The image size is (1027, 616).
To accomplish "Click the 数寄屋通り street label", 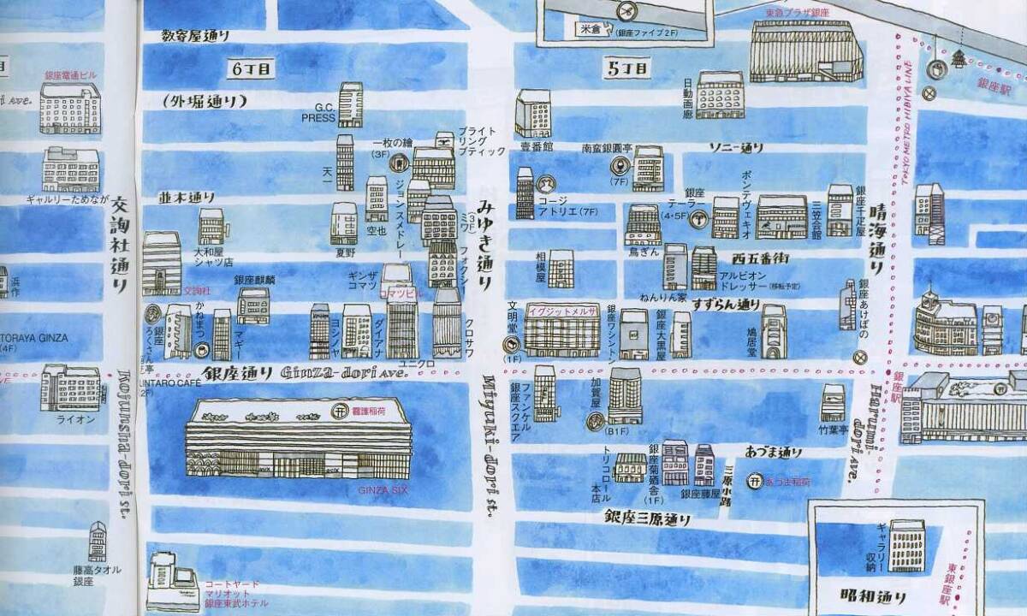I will (196, 36).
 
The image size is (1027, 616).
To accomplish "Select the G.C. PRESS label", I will (318, 114).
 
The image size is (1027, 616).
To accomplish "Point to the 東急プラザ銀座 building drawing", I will (805, 50).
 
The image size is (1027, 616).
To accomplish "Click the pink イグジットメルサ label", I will (562, 311).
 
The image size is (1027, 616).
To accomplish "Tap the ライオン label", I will (69, 419).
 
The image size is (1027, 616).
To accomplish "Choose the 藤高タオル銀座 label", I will (96, 575).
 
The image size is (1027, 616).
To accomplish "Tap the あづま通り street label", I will (773, 452).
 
